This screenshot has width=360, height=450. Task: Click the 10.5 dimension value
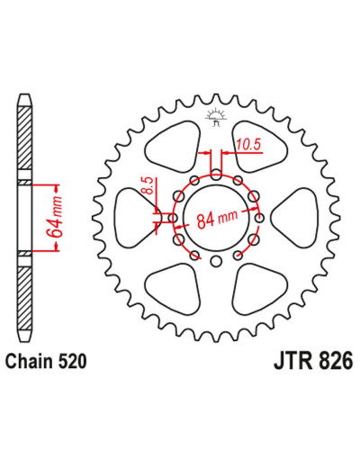coord(247,145)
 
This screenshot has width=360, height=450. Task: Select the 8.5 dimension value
coord(150,185)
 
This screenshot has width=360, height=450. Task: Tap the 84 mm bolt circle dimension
coord(217,219)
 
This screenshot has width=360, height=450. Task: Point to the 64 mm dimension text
coord(55,217)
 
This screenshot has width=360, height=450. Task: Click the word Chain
coord(29,361)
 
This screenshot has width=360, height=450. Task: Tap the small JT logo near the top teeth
coord(215,119)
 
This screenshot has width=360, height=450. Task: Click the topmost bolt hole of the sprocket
coord(216,175)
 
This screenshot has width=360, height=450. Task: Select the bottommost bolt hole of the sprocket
coord(215,261)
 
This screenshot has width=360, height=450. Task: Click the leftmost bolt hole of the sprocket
coord(172,218)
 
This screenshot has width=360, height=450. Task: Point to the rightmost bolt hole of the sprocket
coord(259,218)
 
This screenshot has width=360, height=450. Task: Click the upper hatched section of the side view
coord(24,139)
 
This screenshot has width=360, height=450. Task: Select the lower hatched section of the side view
coord(24,298)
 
